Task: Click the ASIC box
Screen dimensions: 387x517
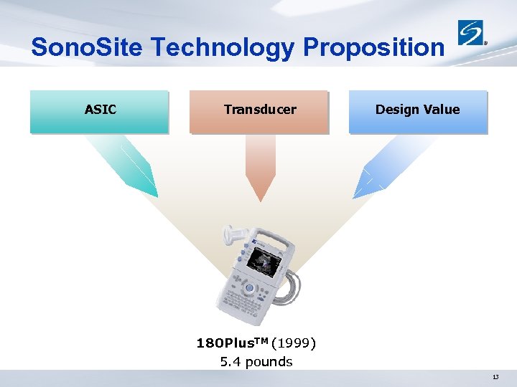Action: [100, 111]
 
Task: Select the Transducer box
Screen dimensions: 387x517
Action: [259, 111]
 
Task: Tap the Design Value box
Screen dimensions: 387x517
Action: [417, 111]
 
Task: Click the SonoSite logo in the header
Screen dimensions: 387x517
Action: [472, 33]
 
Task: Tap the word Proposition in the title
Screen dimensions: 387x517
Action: [373, 47]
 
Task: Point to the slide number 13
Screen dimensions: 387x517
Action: [495, 377]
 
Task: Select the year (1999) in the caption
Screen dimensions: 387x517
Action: [294, 343]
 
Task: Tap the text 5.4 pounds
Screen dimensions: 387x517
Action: [256, 362]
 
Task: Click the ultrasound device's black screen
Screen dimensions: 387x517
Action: [264, 261]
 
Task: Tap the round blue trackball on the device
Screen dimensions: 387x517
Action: [249, 288]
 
